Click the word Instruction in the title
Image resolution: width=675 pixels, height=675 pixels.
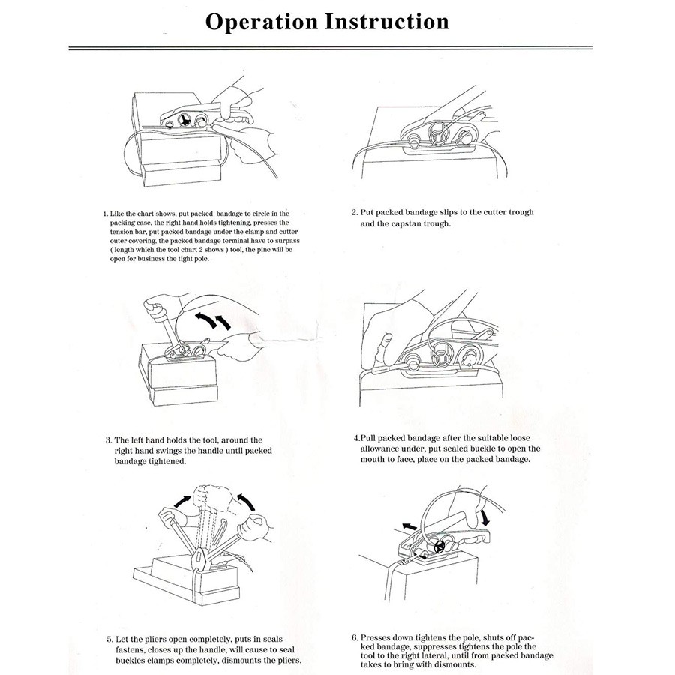point(386,22)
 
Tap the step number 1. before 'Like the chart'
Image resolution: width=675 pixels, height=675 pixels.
point(106,214)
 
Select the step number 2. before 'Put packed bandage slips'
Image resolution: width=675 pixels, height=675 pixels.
point(355,212)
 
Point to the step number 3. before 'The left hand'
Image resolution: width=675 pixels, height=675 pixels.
point(109,440)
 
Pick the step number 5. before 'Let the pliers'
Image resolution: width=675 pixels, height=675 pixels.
point(109,640)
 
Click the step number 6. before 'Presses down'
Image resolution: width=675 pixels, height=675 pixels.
point(355,637)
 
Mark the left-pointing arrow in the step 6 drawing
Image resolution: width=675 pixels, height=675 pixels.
point(409,526)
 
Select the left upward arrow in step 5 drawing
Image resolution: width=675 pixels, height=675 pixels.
point(182,501)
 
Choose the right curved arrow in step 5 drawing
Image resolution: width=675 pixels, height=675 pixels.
point(246,502)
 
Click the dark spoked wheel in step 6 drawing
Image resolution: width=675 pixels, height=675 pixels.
point(439,547)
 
